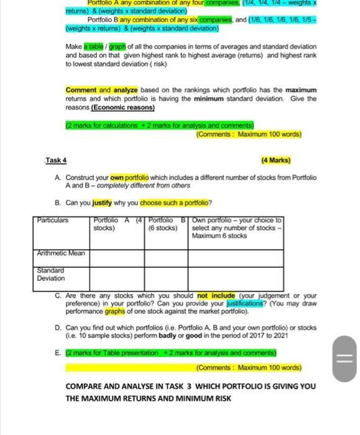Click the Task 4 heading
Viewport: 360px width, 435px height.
click(55, 160)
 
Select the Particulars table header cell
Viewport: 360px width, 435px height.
click(53, 220)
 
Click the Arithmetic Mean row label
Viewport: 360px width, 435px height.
click(60, 253)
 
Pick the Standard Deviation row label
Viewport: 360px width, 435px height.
click(50, 274)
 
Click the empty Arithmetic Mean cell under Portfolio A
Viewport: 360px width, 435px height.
click(117, 254)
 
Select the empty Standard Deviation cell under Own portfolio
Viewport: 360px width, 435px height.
click(236, 274)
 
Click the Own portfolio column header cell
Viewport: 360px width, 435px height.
click(236, 227)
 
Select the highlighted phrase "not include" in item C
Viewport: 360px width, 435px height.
click(211, 296)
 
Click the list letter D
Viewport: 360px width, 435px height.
click(58, 327)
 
